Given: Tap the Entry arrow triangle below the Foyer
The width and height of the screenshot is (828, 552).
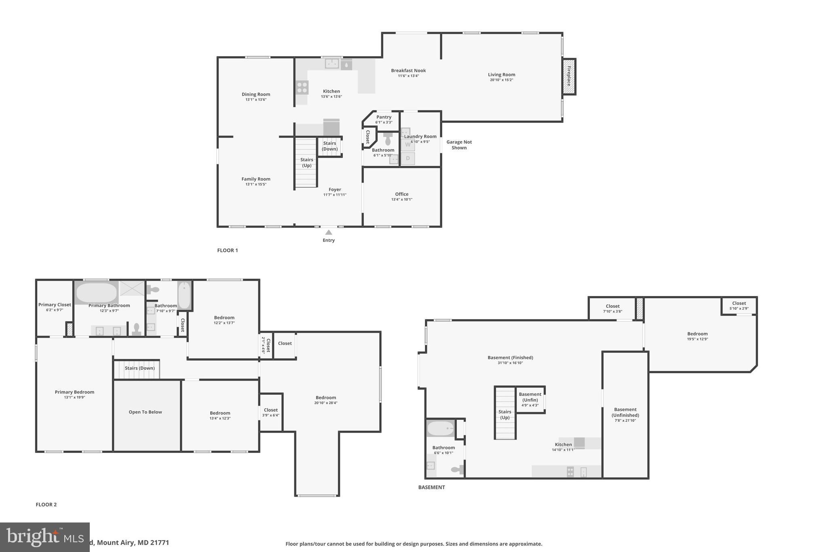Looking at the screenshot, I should pos(329,232).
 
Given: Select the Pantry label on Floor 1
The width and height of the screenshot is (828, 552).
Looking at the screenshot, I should pos(384,117).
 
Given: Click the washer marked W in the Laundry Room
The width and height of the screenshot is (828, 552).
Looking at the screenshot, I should pos(408,145).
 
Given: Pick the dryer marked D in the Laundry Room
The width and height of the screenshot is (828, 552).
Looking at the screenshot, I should pos(408,158).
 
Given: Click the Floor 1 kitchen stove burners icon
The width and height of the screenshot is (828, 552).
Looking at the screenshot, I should pos(302,87).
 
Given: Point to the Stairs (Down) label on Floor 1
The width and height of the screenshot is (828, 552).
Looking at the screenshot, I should pos(330,146).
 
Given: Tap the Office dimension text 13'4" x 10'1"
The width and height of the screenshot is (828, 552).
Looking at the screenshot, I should pos(401,199).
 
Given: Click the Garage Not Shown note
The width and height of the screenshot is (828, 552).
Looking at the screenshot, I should pos(459,145).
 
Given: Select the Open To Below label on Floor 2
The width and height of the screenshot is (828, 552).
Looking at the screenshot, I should pos(145,412).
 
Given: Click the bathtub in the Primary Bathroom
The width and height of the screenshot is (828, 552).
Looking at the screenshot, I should pos(96,292).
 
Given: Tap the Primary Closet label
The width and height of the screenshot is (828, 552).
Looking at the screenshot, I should pos(55,305).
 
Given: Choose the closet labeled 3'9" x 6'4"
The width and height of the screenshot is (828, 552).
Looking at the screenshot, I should pos(270,412).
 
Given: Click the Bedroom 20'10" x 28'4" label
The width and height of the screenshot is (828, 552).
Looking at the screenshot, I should pos(325,400).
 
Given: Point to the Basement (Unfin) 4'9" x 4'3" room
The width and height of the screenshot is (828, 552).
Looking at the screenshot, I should pos(530,399).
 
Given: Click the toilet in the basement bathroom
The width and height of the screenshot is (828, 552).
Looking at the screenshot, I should pos(456,470).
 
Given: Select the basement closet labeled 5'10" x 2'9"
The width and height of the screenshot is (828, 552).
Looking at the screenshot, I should pos(739,305).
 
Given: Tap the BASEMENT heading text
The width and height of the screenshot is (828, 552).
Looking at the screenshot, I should pos(431,487).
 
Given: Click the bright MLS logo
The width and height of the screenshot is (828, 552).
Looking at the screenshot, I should pos(44,537).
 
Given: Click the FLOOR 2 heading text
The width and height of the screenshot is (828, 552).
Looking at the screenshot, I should pos(46,505).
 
